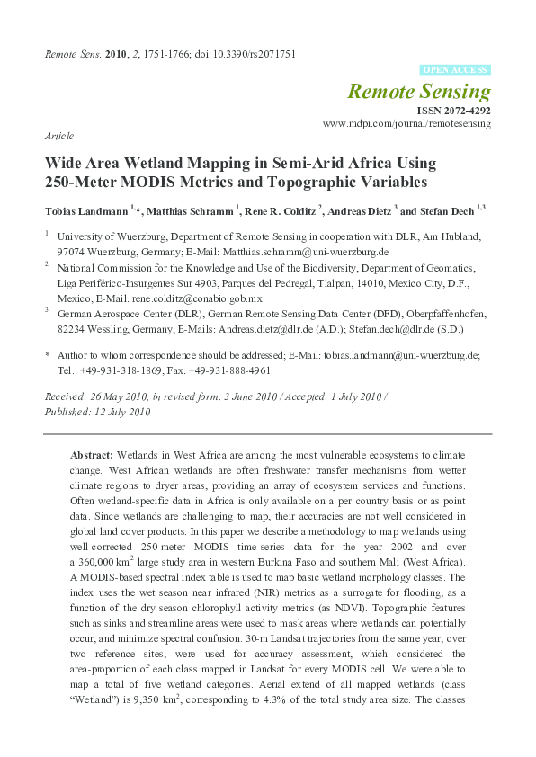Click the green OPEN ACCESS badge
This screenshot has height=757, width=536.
[455, 69]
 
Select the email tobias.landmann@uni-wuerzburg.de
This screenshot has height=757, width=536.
[406, 356]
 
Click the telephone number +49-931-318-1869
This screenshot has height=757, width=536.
[122, 370]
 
